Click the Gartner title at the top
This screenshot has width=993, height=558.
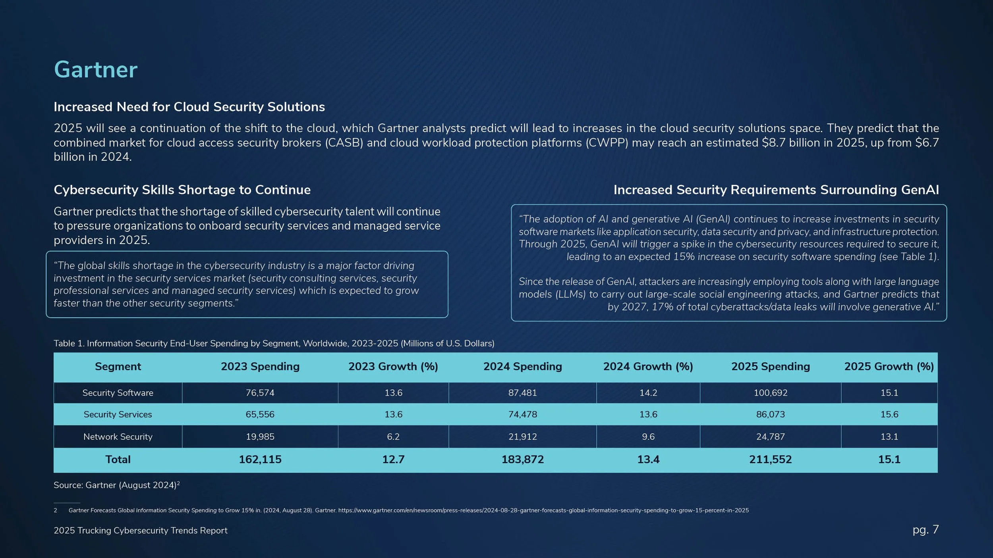point(96,70)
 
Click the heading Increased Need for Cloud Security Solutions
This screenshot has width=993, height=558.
point(189,107)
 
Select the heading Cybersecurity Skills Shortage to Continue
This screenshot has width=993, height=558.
point(182,190)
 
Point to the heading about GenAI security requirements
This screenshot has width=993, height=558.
point(776,190)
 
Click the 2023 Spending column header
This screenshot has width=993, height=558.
point(260,366)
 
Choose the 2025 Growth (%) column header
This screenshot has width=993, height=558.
point(889,366)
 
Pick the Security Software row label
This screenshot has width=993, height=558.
point(118,393)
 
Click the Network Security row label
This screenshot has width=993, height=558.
point(118,437)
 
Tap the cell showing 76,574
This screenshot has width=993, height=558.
point(260,393)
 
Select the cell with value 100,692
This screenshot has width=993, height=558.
point(770,393)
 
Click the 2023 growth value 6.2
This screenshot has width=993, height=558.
point(393,437)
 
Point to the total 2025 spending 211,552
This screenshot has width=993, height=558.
point(770,460)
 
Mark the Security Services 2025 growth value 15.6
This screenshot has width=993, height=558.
point(889,414)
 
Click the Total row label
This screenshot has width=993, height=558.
point(118,460)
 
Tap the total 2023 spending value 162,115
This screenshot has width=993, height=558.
point(260,460)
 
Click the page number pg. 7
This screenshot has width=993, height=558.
point(925,529)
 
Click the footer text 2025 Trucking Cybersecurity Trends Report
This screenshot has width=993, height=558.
point(140,531)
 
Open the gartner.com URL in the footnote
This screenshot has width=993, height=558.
point(543,510)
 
